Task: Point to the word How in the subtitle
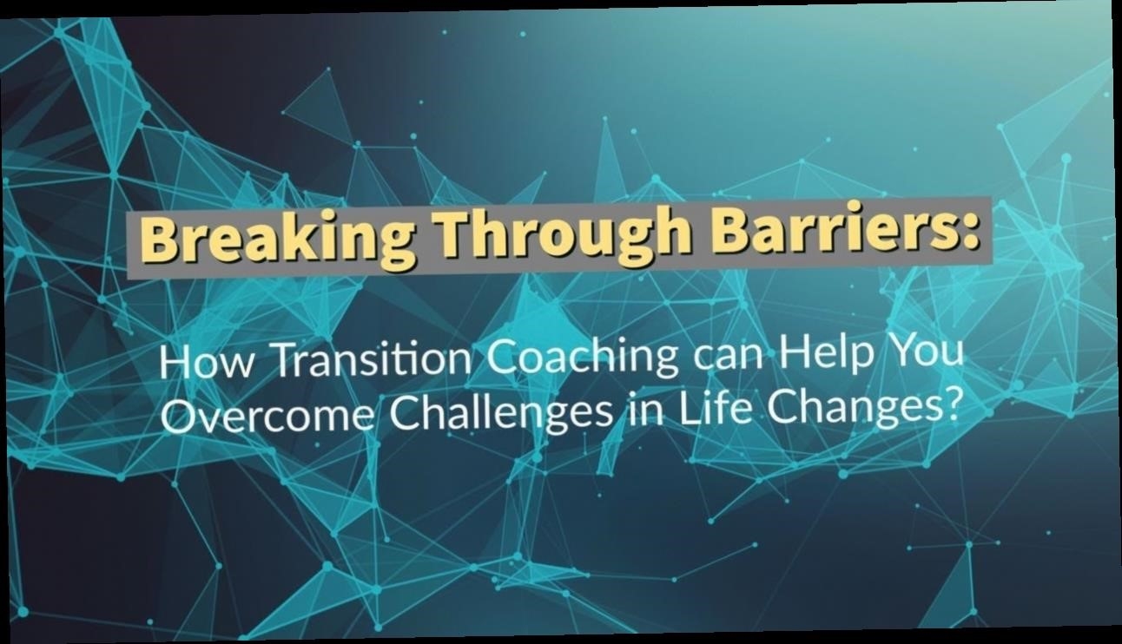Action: tap(206, 362)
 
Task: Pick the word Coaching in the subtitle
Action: tap(583, 358)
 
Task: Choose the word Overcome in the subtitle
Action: tap(268, 417)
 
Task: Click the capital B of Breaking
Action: tap(158, 241)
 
